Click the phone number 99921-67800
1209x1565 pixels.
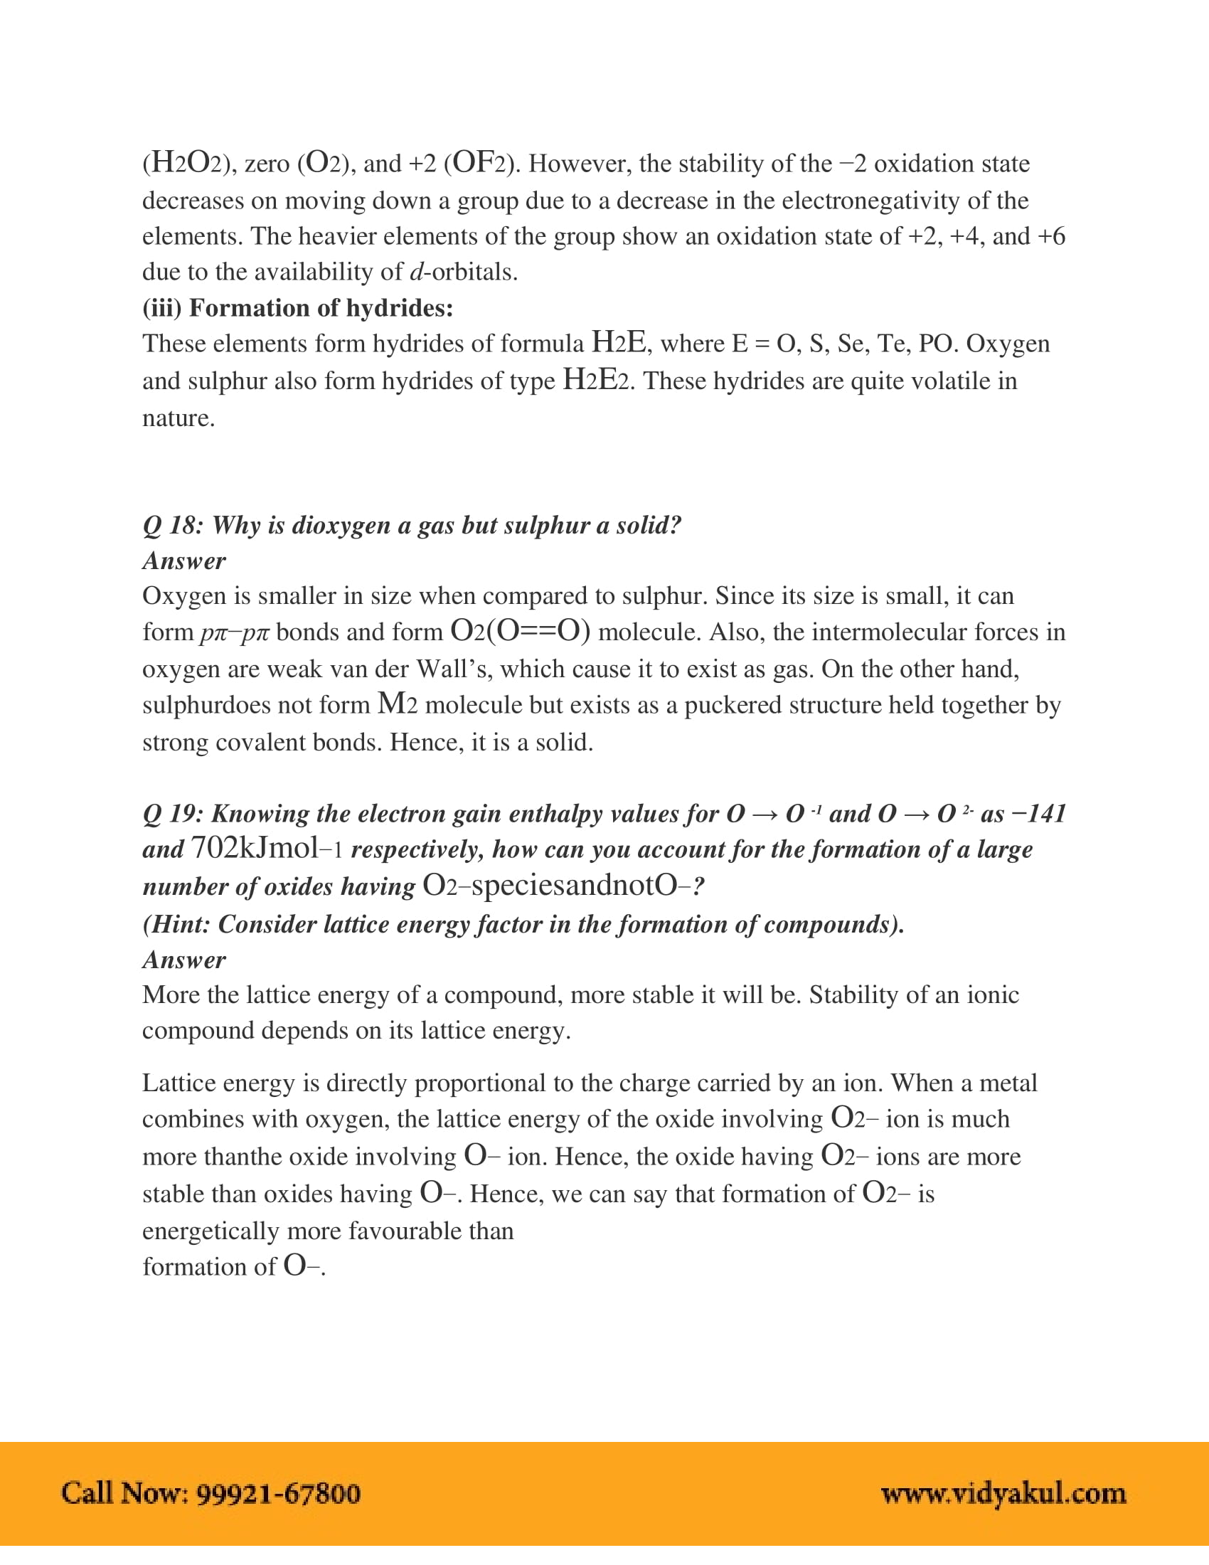tap(278, 1493)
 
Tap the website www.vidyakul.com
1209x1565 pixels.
tap(1003, 1493)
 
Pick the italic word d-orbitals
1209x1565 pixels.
tap(463, 272)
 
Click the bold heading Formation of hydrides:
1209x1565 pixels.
tap(321, 308)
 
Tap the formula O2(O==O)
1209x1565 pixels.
tap(520, 631)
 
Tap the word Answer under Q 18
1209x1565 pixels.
tap(184, 561)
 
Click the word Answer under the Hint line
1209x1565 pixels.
tap(184, 960)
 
